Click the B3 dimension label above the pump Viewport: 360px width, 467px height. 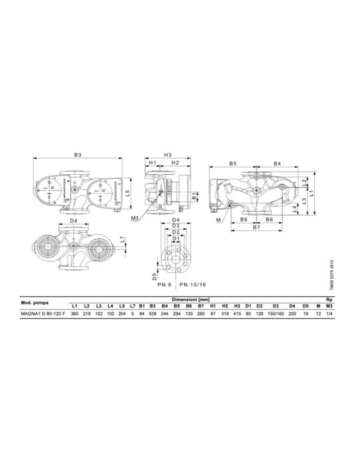(x=78, y=155)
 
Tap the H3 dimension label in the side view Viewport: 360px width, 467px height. (x=168, y=155)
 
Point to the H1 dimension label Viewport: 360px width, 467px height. (x=152, y=163)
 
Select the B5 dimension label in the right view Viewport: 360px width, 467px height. (x=233, y=163)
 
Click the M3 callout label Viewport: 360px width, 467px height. (x=135, y=217)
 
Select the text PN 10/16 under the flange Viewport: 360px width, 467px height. (x=193, y=284)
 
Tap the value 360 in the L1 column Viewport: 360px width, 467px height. (x=75, y=314)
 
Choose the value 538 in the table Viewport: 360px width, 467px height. (x=153, y=314)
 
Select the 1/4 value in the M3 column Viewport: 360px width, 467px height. (x=329, y=314)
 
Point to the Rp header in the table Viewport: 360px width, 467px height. (x=329, y=300)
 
